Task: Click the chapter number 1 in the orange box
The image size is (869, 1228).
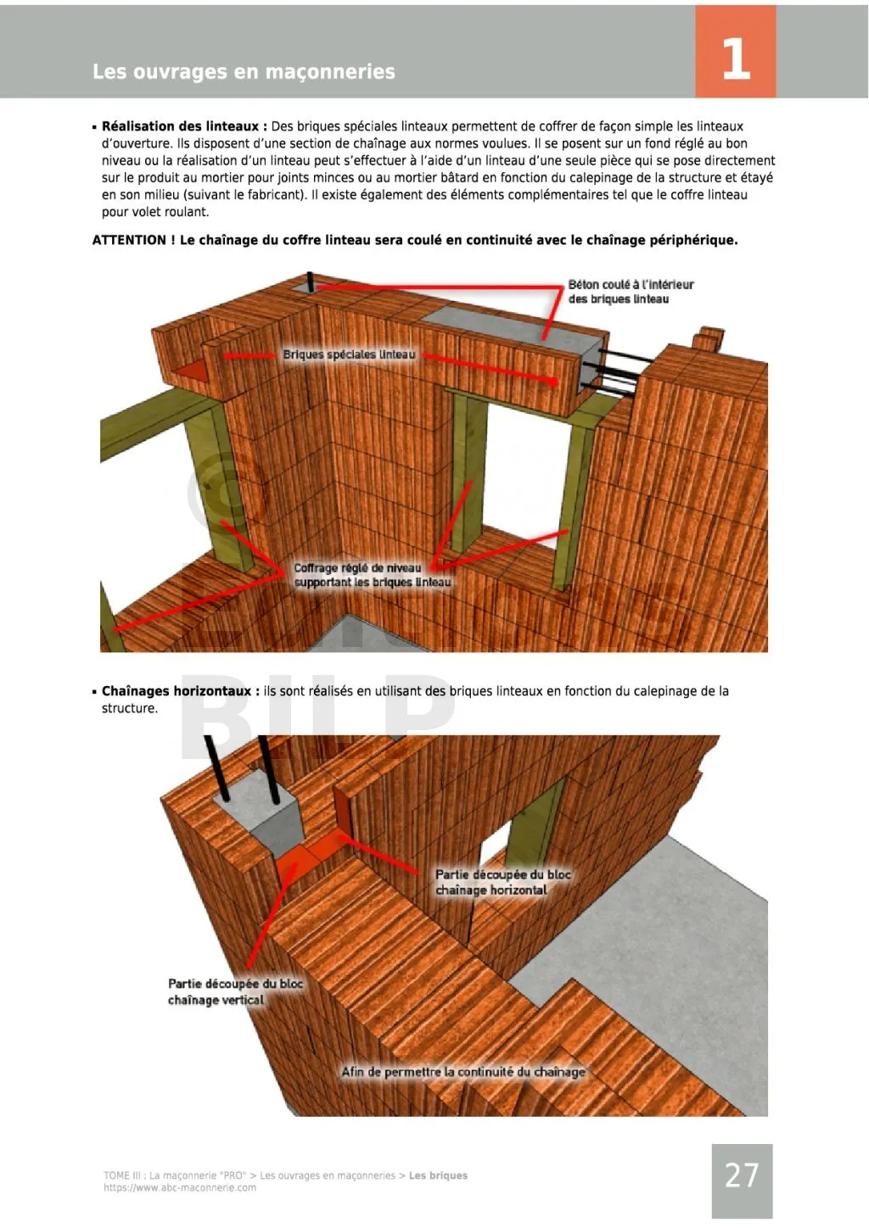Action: point(735,59)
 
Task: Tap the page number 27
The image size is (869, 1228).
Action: point(742,1175)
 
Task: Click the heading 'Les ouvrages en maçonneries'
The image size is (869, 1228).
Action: point(244,72)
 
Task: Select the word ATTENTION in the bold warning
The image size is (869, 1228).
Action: point(129,240)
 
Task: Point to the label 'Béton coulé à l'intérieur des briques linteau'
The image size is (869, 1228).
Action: point(631,292)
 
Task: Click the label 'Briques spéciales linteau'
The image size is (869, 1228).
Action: point(349,354)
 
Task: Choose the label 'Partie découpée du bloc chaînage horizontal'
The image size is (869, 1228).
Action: point(502,882)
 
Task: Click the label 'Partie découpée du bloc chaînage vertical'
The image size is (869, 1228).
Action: point(235,991)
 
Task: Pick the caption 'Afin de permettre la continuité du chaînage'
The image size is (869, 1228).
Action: point(463,1072)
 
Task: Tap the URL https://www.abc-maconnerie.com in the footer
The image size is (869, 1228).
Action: point(180,1188)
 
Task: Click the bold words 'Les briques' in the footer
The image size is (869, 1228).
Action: point(438,1175)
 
